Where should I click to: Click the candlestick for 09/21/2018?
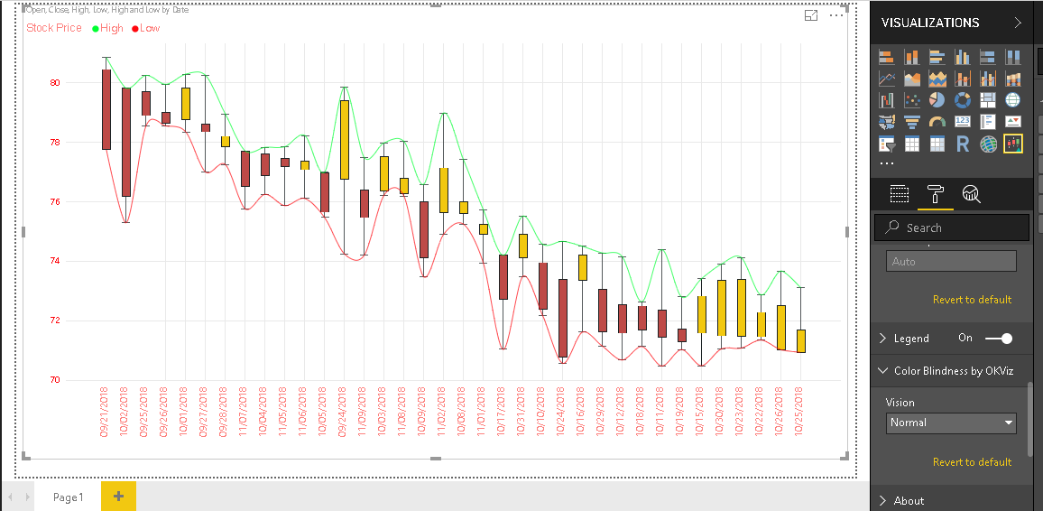point(106,109)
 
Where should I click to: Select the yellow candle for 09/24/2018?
point(345,139)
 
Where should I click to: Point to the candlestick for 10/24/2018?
point(563,318)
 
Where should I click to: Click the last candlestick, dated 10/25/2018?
point(801,340)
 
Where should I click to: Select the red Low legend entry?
point(146,28)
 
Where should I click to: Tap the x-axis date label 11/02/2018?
point(443,413)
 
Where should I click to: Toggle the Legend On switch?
point(999,339)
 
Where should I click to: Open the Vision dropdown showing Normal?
point(952,423)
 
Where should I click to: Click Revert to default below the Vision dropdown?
point(972,462)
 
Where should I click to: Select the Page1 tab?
point(68,497)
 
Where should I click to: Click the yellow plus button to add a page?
point(118,496)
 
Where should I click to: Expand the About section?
point(909,501)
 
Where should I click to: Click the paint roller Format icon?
point(935,193)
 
